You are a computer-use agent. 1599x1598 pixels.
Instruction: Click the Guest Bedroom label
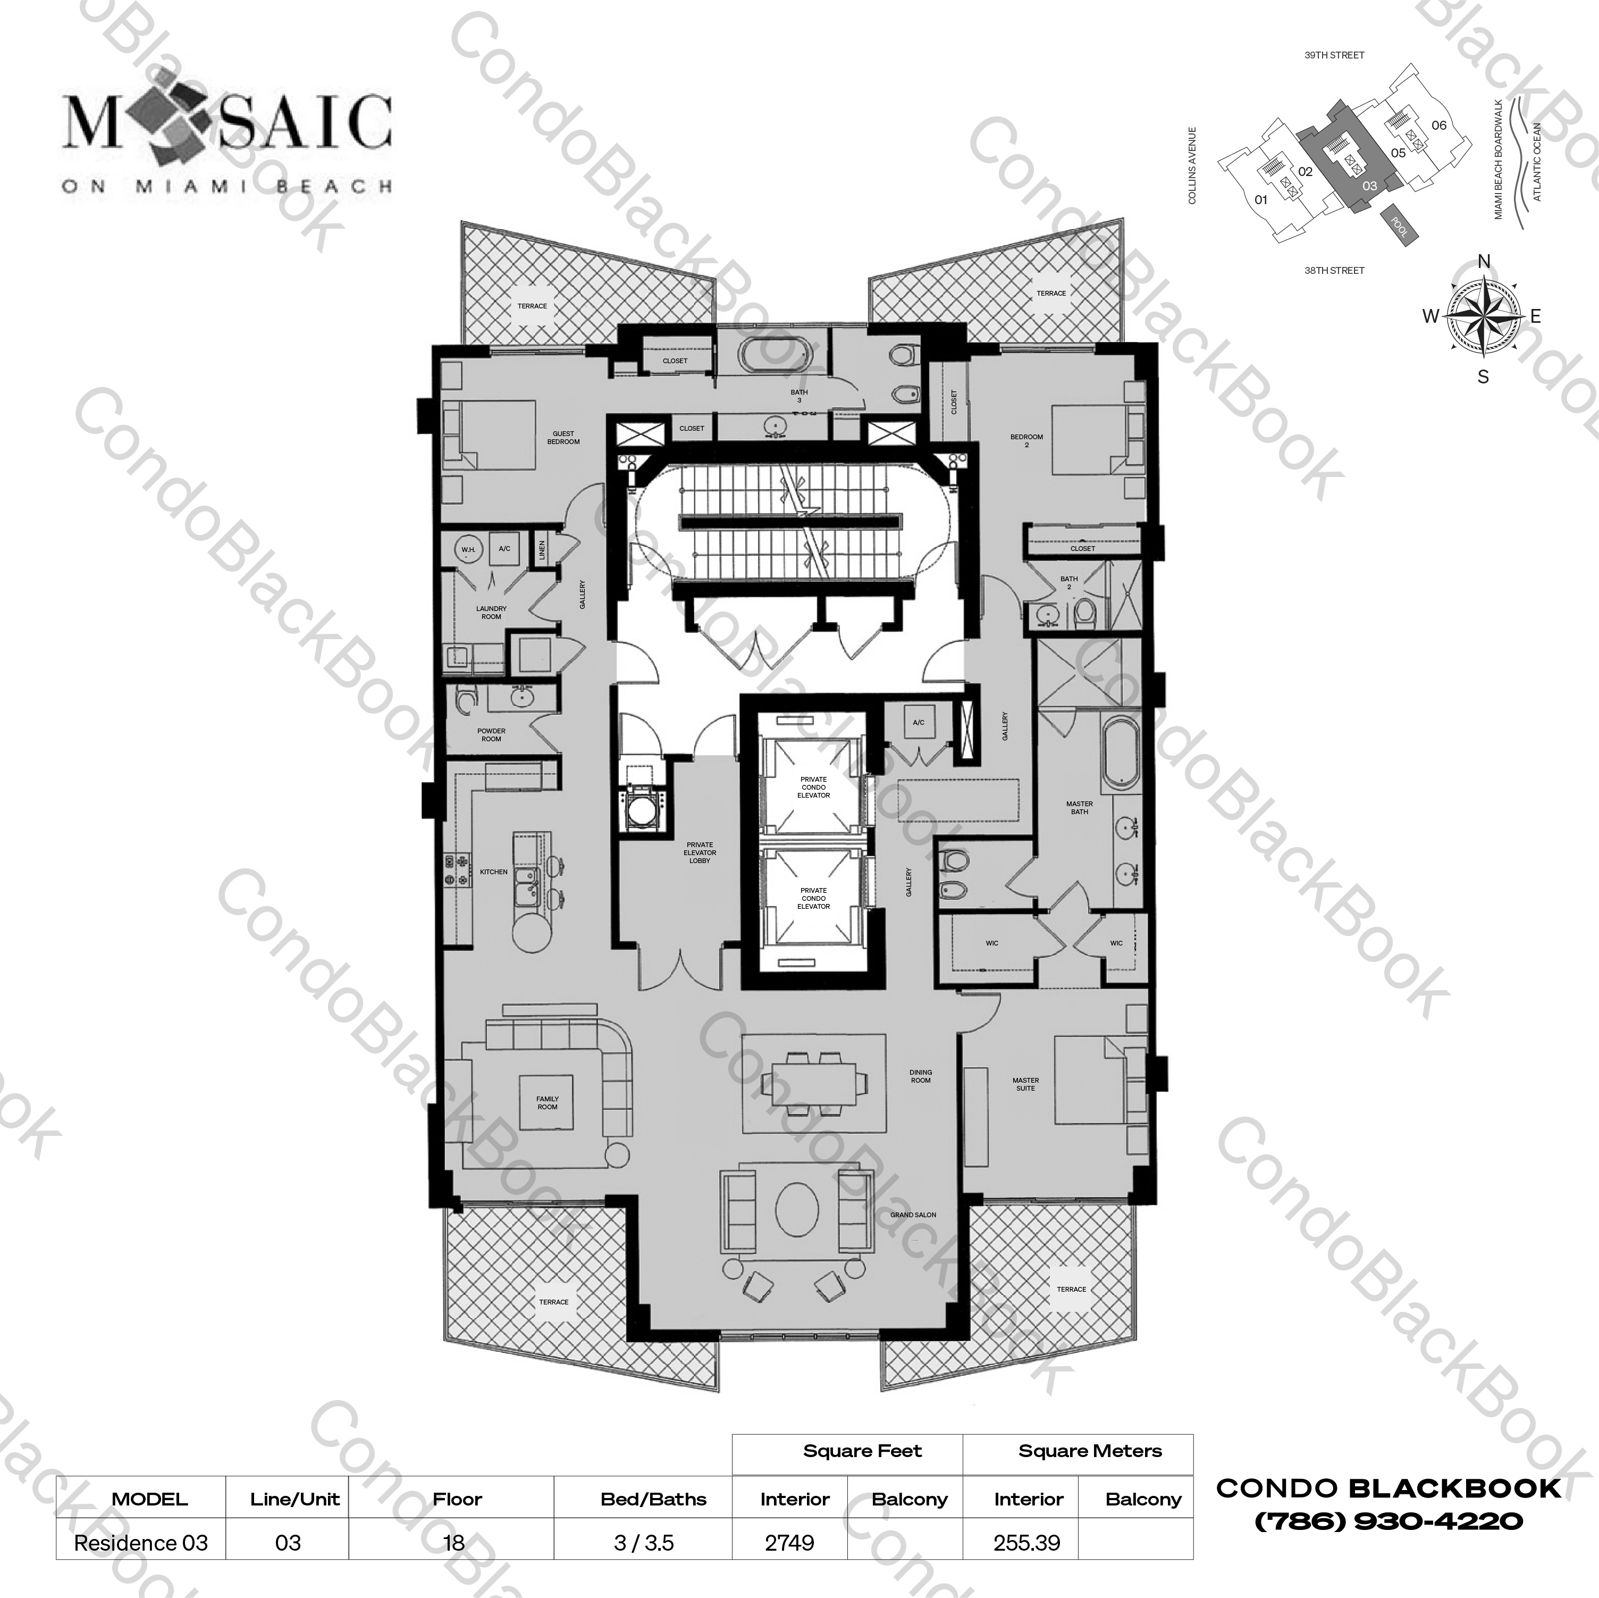(563, 437)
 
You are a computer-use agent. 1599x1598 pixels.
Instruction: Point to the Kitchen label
(493, 872)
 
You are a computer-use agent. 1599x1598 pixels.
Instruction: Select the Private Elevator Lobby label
(700, 853)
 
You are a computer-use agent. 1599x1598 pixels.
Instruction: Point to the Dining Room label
(920, 1076)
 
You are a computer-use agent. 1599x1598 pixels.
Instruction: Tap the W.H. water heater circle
(468, 549)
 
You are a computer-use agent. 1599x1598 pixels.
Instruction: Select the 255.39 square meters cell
(1027, 1543)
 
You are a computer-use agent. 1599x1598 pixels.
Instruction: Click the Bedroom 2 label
(1026, 440)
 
